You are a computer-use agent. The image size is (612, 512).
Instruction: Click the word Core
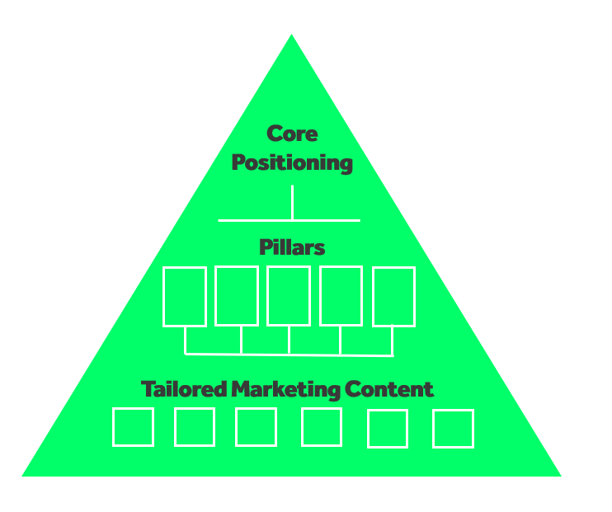tap(292, 134)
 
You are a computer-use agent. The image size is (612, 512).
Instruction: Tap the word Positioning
tap(292, 162)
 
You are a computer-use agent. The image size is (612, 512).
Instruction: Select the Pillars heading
tap(292, 247)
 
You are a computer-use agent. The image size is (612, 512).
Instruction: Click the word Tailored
tap(184, 389)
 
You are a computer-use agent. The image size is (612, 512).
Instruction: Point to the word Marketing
tap(285, 390)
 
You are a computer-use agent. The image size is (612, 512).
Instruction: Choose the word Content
tap(389, 389)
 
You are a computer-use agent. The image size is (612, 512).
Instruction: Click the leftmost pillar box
tap(163, 297)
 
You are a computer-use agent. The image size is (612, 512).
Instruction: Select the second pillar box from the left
tap(216, 296)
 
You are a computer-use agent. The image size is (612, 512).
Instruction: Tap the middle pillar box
tap(268, 296)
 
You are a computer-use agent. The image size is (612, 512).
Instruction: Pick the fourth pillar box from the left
tap(321, 296)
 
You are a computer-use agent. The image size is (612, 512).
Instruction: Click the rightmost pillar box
tap(374, 297)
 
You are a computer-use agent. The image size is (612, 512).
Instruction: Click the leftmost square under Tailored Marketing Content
tap(113, 427)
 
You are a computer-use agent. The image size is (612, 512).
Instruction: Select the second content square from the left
tap(175, 427)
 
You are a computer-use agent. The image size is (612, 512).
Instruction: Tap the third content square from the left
tap(236, 427)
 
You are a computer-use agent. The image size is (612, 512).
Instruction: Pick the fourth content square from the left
tap(302, 427)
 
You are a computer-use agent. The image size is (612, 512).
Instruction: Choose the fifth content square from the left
tap(368, 429)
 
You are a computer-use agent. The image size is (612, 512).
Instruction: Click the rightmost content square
tap(434, 429)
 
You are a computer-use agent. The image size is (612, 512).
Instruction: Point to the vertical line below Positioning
tap(292, 202)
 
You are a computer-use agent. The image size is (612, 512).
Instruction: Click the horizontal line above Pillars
tap(289, 220)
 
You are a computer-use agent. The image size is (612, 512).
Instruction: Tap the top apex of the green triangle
tap(291, 35)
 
